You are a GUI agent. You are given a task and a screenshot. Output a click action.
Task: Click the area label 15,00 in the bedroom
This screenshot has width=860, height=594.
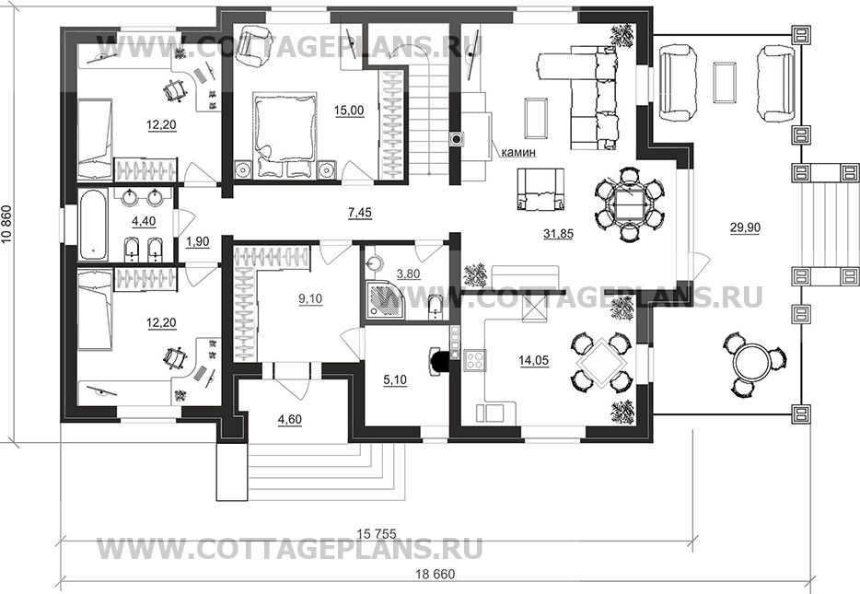[349, 111]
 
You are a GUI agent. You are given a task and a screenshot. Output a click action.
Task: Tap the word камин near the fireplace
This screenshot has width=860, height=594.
[518, 153]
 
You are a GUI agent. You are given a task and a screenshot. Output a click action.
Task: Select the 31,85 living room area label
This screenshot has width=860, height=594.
[558, 234]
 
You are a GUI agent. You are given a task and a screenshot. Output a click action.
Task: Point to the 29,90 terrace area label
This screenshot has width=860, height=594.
[745, 227]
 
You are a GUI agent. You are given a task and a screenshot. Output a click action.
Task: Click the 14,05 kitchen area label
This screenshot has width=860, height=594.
[534, 360]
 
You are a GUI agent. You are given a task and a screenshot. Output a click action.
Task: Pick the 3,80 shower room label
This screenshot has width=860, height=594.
[408, 274]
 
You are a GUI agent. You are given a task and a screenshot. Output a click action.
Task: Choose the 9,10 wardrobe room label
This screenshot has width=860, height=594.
[310, 299]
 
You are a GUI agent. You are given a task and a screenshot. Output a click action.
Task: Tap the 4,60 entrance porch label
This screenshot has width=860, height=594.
[290, 420]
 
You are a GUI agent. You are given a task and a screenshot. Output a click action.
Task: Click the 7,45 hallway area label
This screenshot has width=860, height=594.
[360, 213]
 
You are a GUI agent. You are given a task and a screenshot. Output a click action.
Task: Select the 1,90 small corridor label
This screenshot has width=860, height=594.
[197, 242]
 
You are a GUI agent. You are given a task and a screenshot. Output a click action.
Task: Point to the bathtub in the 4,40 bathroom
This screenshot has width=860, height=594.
[94, 225]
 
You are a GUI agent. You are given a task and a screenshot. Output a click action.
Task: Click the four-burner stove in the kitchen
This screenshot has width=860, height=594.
[475, 361]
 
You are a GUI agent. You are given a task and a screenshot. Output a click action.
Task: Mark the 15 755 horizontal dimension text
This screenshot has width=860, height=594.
[377, 532]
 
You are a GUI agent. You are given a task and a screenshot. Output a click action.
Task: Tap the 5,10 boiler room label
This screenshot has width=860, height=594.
[395, 379]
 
